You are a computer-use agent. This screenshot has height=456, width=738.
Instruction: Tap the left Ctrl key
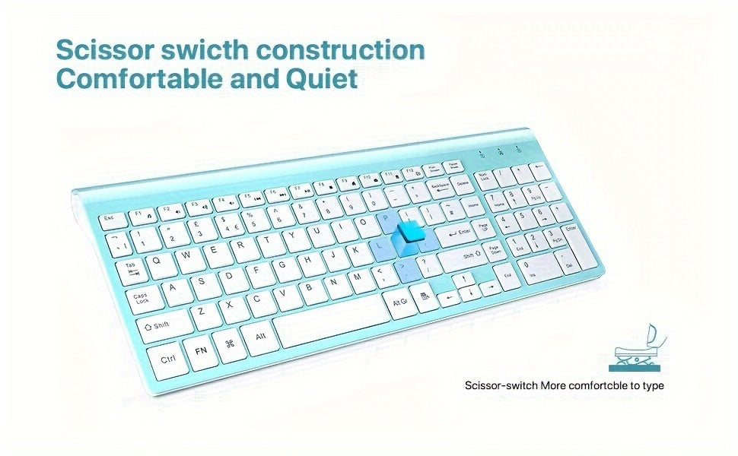pos(169,358)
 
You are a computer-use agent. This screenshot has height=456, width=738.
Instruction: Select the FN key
pos(202,351)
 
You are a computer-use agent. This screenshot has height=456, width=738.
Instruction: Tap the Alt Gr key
pos(400,301)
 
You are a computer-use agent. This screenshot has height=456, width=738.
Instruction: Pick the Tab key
pos(132,268)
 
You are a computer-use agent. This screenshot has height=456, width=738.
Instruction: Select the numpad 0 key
pos(535,268)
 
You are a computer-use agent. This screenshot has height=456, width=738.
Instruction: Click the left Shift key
pos(162,325)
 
